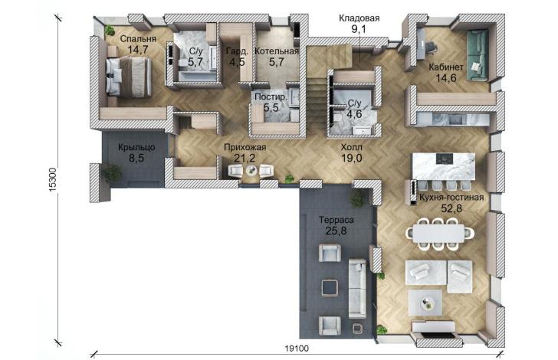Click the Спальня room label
pos(138,39)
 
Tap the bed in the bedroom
pos(129,77)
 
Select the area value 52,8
pos(451,208)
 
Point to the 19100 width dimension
pos(297,349)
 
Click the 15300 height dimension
pos(52,180)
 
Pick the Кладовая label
pos(359,18)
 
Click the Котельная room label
pos(277,51)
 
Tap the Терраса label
pos(336,220)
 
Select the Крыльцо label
pos(136,147)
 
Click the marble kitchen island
pos(443,166)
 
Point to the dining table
pos(440,234)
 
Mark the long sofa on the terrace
pos(357,288)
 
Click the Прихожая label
pos(245,147)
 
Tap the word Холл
pos(352,147)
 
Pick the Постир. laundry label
pos(271,97)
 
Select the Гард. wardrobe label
pos(237,51)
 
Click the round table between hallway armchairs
pos(251,171)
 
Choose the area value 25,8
pos(336,231)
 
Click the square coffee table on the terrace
pos(330,288)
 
